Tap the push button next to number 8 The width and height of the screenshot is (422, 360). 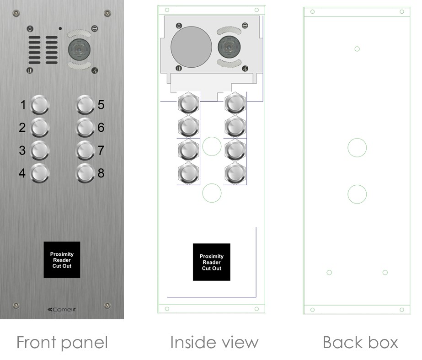pos(85,173)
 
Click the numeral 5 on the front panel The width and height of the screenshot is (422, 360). pos(101,104)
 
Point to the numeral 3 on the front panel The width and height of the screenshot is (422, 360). pos(22,150)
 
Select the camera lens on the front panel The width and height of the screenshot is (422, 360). pos(79,49)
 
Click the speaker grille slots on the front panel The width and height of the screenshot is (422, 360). pos(43,50)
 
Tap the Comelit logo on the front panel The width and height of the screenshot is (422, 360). pos(62,309)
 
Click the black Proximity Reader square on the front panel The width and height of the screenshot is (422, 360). pos(62,260)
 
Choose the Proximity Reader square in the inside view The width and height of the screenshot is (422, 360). pos(212,262)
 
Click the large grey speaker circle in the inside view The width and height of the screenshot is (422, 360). pos(192,47)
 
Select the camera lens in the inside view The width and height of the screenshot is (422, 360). pos(229,47)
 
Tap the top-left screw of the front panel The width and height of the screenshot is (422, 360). pos(16,13)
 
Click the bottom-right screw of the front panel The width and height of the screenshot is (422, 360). pos(107,306)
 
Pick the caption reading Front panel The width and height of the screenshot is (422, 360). pos(62,343)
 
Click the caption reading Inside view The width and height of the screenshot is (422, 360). pos(214,342)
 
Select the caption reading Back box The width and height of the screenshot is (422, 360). pos(360,342)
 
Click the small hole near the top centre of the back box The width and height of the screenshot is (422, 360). pos(357,49)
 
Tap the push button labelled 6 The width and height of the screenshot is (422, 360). pos(85,127)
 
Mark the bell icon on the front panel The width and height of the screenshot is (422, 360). pos(30,29)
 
